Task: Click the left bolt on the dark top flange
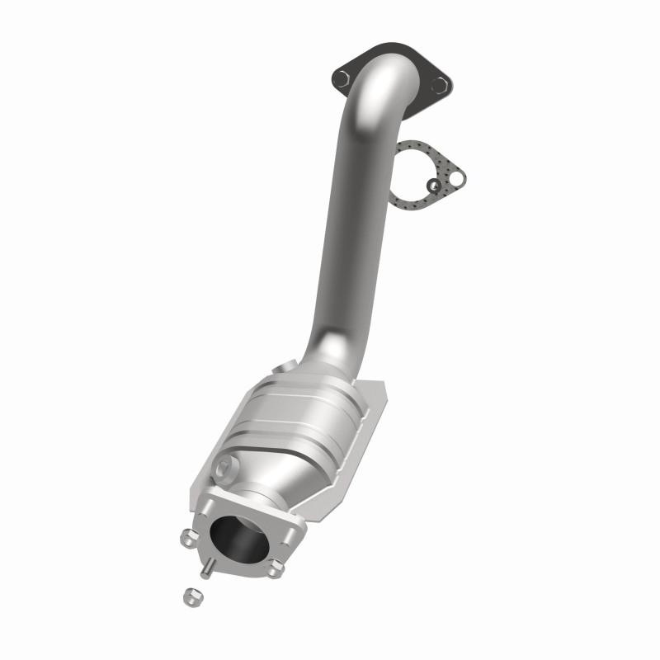click(x=342, y=78)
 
